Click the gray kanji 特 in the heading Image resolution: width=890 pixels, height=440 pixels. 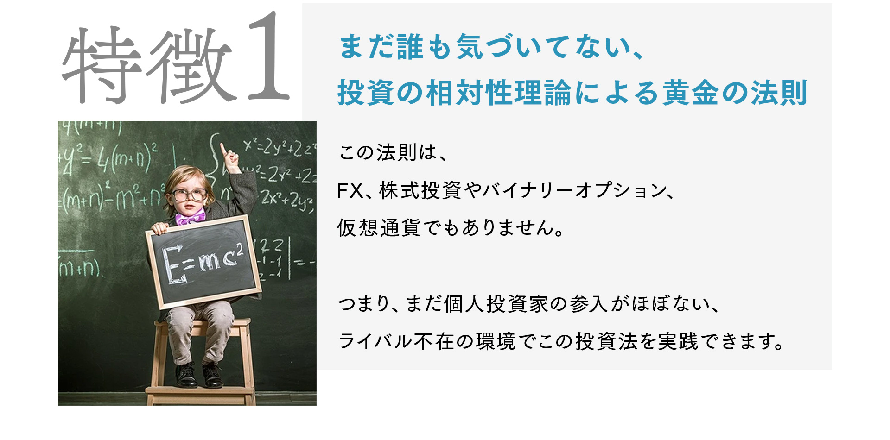click(x=102, y=65)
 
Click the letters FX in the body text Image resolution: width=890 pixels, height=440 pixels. click(x=350, y=191)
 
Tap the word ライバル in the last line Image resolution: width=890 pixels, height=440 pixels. click(x=375, y=341)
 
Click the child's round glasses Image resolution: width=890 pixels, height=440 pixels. click(x=190, y=195)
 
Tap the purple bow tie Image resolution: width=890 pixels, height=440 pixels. click(x=190, y=217)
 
